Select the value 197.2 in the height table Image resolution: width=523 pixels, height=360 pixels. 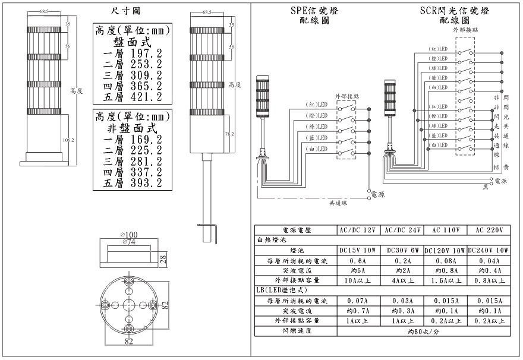pyautogui.click(x=147, y=53)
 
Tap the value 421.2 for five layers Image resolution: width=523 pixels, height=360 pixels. pyautogui.click(x=147, y=97)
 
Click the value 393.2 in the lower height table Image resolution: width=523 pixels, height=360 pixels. pyautogui.click(x=147, y=184)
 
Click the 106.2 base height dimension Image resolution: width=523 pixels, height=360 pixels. pyautogui.click(x=68, y=140)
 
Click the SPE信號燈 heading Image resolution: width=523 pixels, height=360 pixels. pyautogui.click(x=310, y=11)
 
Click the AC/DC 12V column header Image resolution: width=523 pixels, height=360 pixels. pyautogui.click(x=358, y=230)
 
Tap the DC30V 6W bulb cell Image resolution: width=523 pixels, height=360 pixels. pyautogui.click(x=402, y=250)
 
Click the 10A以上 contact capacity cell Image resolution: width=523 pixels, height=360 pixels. pyautogui.click(x=358, y=280)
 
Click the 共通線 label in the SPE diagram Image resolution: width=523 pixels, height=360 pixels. pyautogui.click(x=339, y=203)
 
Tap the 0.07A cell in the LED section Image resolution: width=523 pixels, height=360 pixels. pyautogui.click(x=358, y=300)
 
